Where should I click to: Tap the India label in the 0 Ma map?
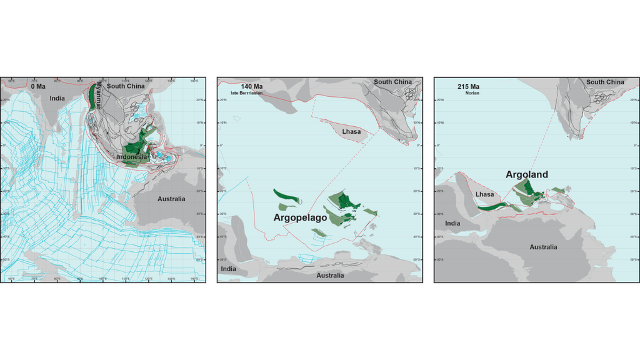57,98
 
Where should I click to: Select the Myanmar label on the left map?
98,96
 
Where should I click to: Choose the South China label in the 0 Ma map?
126,86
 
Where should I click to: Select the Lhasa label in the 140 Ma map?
352,132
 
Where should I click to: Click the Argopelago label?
300,218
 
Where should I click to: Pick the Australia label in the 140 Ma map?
329,276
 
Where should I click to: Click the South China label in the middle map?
392,82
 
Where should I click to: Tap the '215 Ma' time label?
467,86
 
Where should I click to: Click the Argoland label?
526,174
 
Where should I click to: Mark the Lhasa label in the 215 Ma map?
484,194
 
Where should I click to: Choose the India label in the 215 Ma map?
452,223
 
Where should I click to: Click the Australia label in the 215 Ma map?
543,247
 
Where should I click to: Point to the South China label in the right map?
605,82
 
